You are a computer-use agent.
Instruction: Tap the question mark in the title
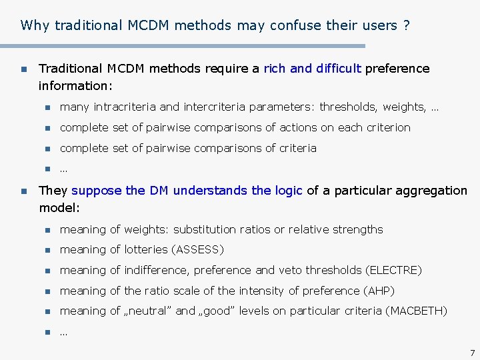406,26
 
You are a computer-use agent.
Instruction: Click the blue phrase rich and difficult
313,68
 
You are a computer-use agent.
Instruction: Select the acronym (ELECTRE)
393,271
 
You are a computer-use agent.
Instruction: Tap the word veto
297,271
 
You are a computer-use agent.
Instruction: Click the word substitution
205,229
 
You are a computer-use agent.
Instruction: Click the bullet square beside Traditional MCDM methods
23,69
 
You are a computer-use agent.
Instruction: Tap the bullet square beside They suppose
23,191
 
